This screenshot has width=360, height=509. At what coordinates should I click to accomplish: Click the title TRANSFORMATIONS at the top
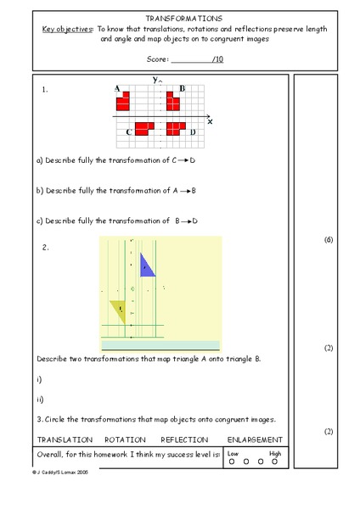pyautogui.click(x=184, y=17)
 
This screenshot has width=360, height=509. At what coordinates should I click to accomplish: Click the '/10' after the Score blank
pyautogui.click(x=217, y=59)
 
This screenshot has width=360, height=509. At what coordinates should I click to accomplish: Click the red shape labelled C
pyautogui.click(x=144, y=128)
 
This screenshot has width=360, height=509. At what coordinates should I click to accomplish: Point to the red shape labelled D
pyautogui.click(x=176, y=128)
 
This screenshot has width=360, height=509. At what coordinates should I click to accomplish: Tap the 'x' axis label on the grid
pyautogui.click(x=210, y=121)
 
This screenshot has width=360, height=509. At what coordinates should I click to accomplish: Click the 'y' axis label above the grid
pyautogui.click(x=155, y=79)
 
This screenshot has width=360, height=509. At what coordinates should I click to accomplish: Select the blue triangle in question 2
pyautogui.click(x=146, y=265)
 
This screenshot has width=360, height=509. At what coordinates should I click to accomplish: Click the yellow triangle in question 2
pyautogui.click(x=119, y=310)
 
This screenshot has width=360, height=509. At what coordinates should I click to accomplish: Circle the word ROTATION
pyautogui.click(x=125, y=440)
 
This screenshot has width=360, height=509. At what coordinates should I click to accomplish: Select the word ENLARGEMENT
pyautogui.click(x=255, y=440)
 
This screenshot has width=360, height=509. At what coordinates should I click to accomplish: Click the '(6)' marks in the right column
pyautogui.click(x=329, y=240)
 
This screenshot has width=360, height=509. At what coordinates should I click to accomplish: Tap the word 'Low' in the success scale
pyautogui.click(x=233, y=454)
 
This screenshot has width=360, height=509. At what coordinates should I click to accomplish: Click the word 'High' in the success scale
pyautogui.click(x=275, y=454)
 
